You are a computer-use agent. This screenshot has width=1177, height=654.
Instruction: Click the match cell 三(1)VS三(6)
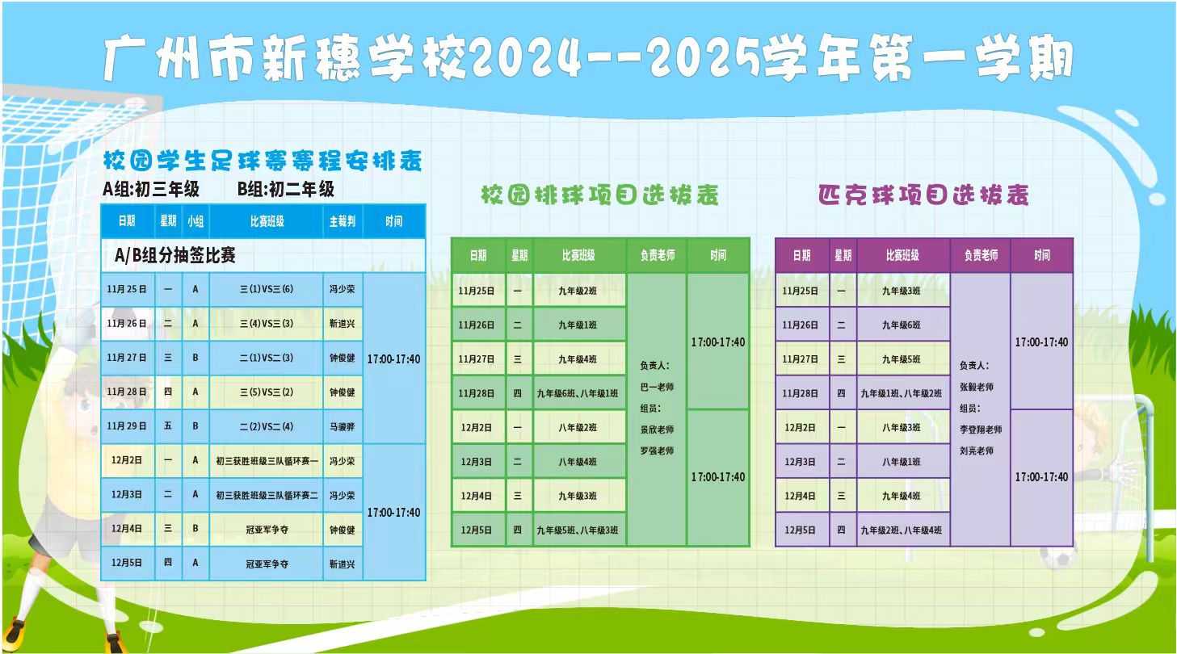267,289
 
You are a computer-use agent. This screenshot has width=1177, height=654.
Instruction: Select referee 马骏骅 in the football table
342,426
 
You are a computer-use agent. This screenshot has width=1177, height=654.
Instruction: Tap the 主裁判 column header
342,221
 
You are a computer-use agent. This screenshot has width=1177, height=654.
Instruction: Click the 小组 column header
195,221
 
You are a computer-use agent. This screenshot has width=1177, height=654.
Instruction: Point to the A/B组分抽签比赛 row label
175,255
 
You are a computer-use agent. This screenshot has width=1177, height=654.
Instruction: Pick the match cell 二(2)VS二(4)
267,426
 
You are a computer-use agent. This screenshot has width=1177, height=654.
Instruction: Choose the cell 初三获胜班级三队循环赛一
267,461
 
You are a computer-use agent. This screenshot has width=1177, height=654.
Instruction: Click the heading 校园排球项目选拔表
599,195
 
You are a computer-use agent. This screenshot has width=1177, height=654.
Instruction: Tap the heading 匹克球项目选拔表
923,195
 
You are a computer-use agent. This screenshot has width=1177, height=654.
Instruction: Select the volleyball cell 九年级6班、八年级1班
578,393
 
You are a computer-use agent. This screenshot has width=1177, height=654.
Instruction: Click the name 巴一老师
657,387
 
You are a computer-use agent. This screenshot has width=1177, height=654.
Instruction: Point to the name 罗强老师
657,451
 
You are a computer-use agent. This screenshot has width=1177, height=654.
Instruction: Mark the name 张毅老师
977,387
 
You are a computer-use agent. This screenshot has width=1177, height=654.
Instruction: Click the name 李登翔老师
981,430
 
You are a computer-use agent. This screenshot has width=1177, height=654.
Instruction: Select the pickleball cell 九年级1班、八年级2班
902,393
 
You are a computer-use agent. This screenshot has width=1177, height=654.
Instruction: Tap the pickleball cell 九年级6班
902,325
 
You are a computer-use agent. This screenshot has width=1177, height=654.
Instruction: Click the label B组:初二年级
285,189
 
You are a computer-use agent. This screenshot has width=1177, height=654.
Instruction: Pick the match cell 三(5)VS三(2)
267,392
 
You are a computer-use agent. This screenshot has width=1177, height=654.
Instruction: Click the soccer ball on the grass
1057,558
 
